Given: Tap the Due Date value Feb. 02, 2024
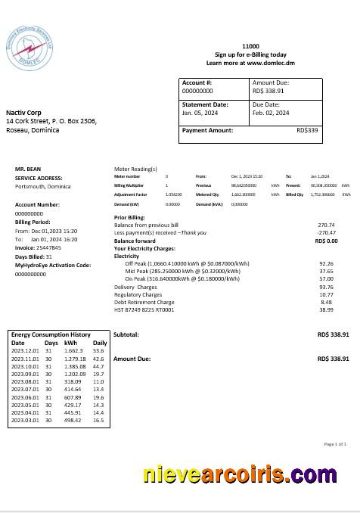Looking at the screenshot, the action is click(x=271, y=113).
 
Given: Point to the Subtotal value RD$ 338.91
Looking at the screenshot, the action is click(x=333, y=334).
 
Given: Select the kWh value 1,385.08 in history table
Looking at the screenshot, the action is click(x=75, y=366).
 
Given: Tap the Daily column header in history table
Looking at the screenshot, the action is click(x=99, y=344).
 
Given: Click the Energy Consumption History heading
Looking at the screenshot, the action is click(x=51, y=334).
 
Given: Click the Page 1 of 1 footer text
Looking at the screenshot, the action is click(x=334, y=444).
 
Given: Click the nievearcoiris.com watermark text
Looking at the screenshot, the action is click(x=239, y=474).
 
